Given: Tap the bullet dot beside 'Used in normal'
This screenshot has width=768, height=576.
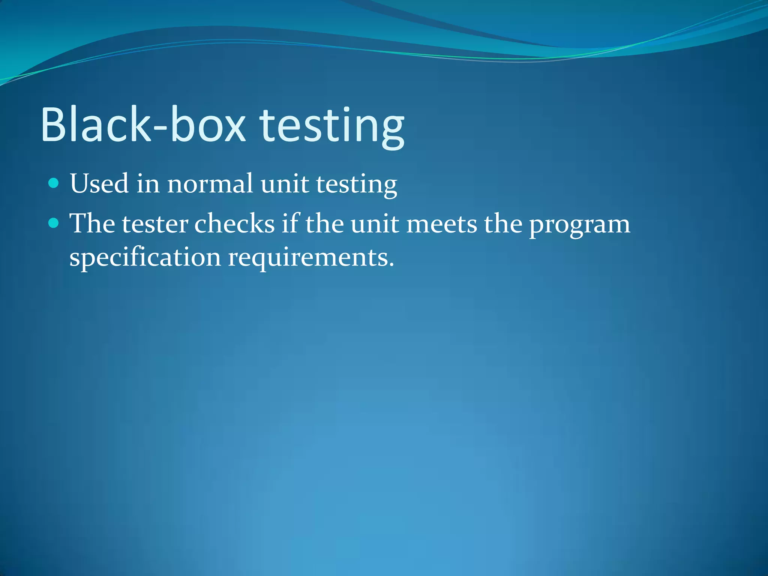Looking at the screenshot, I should pos(54,183).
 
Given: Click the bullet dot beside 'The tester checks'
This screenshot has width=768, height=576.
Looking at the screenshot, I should pos(54,223).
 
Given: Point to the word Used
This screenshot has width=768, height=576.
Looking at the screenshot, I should pos(99,184).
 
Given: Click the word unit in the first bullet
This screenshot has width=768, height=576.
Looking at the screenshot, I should pos(285,184).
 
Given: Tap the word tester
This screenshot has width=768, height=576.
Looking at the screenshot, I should pos(155,224).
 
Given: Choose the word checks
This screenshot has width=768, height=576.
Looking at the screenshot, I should pos(234,224).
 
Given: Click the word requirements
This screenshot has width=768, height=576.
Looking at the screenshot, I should pos(307,259).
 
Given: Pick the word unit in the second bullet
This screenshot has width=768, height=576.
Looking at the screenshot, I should pos(375,224).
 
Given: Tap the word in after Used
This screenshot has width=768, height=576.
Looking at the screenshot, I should pos(148,184).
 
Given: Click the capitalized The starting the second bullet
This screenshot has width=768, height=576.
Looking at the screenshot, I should pos(92,223).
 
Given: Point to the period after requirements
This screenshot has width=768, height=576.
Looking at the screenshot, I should pos(391,265).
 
